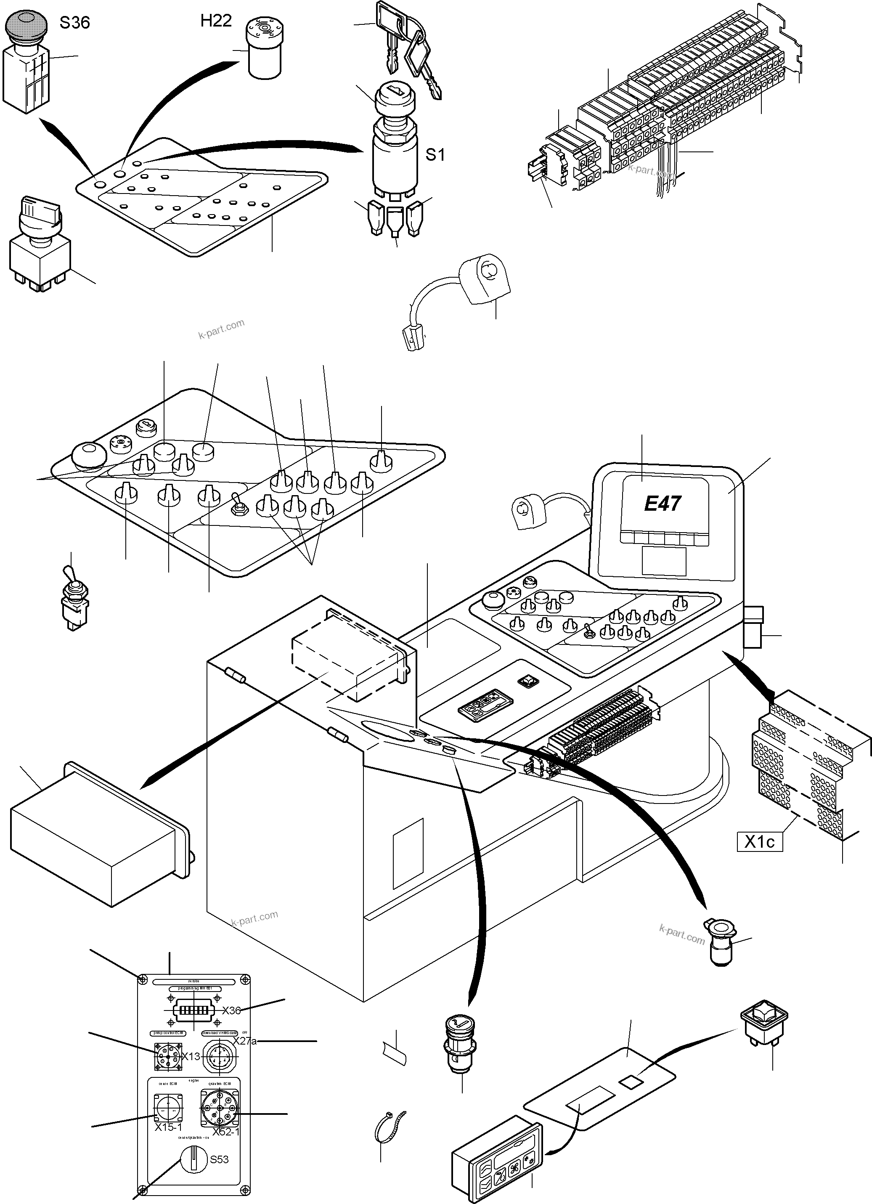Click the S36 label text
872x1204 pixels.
click(x=74, y=22)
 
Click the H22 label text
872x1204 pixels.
click(x=216, y=21)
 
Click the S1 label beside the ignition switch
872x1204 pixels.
click(x=435, y=154)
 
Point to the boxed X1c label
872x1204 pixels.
click(x=760, y=842)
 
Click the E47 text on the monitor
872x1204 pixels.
click(x=663, y=503)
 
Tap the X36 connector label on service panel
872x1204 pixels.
click(x=231, y=1010)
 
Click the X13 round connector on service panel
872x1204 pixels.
click(x=167, y=1056)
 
